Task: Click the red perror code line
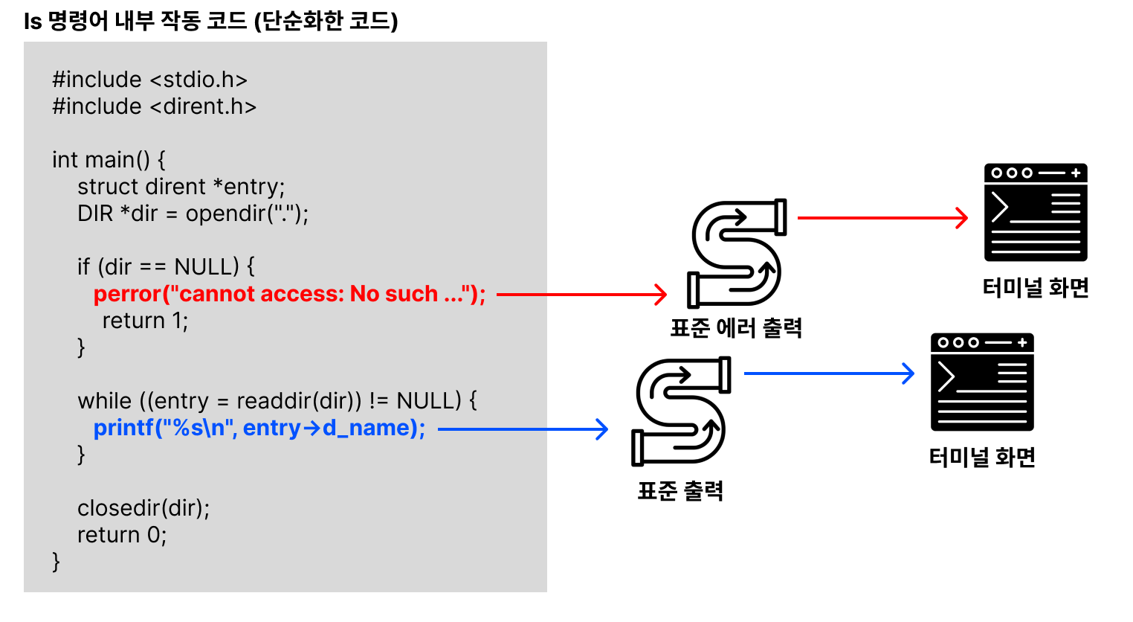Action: click(x=289, y=294)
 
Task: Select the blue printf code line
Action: click(x=259, y=428)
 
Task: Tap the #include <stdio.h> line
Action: click(x=149, y=80)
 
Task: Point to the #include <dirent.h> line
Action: click(x=154, y=106)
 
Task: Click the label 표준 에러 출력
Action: click(x=736, y=328)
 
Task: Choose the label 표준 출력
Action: click(x=680, y=491)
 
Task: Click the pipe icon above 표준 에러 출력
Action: click(x=737, y=253)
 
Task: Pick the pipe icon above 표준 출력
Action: click(x=681, y=411)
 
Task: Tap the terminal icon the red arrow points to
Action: click(x=1036, y=213)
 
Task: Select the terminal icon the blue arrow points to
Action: click(x=982, y=382)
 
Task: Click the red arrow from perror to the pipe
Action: click(x=581, y=295)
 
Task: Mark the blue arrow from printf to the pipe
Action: click(x=523, y=429)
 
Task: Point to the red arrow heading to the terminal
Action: click(x=882, y=218)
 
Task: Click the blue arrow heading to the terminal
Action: click(x=829, y=373)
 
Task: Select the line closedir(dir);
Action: click(x=143, y=508)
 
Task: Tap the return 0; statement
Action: click(x=122, y=535)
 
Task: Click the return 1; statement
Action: click(x=145, y=321)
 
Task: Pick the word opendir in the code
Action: click(x=226, y=214)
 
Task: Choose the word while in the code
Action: click(x=105, y=401)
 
